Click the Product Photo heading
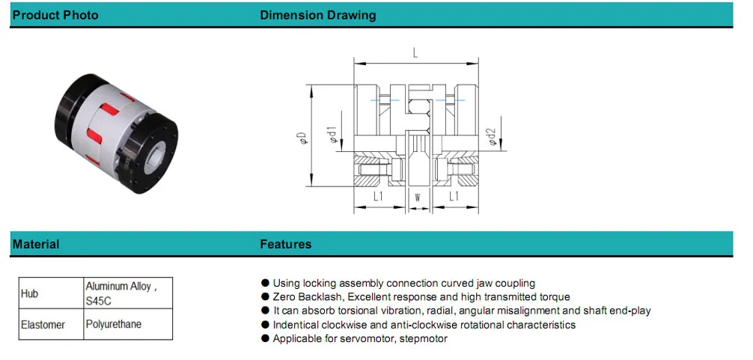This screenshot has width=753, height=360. click(55, 15)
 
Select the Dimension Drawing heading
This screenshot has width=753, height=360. click(317, 15)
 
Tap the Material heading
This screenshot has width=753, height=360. click(36, 244)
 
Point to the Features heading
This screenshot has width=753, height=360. click(285, 244)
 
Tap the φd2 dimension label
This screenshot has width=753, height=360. click(491, 136)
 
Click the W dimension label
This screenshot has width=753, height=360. click(416, 198)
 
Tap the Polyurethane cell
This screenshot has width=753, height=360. click(114, 324)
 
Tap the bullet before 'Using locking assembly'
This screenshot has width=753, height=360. click(265, 284)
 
